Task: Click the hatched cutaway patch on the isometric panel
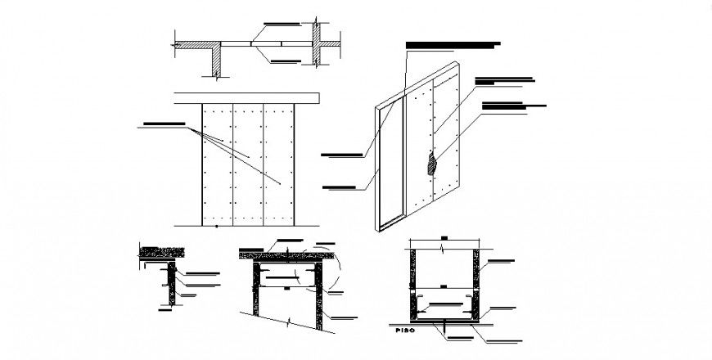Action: (430, 164)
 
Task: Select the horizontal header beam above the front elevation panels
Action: (247, 98)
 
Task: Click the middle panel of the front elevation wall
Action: (248, 164)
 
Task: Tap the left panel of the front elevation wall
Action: (218, 164)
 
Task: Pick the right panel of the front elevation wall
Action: (278, 164)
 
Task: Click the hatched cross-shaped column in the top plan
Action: (318, 43)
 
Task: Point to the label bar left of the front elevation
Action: (164, 124)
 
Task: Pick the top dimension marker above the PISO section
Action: (443, 238)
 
